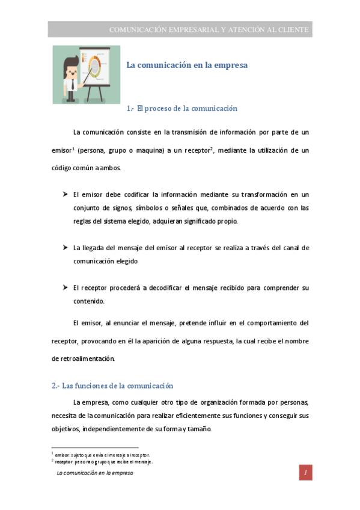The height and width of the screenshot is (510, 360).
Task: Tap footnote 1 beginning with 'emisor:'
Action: point(102,455)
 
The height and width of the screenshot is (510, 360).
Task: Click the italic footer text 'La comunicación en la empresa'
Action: point(94,473)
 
